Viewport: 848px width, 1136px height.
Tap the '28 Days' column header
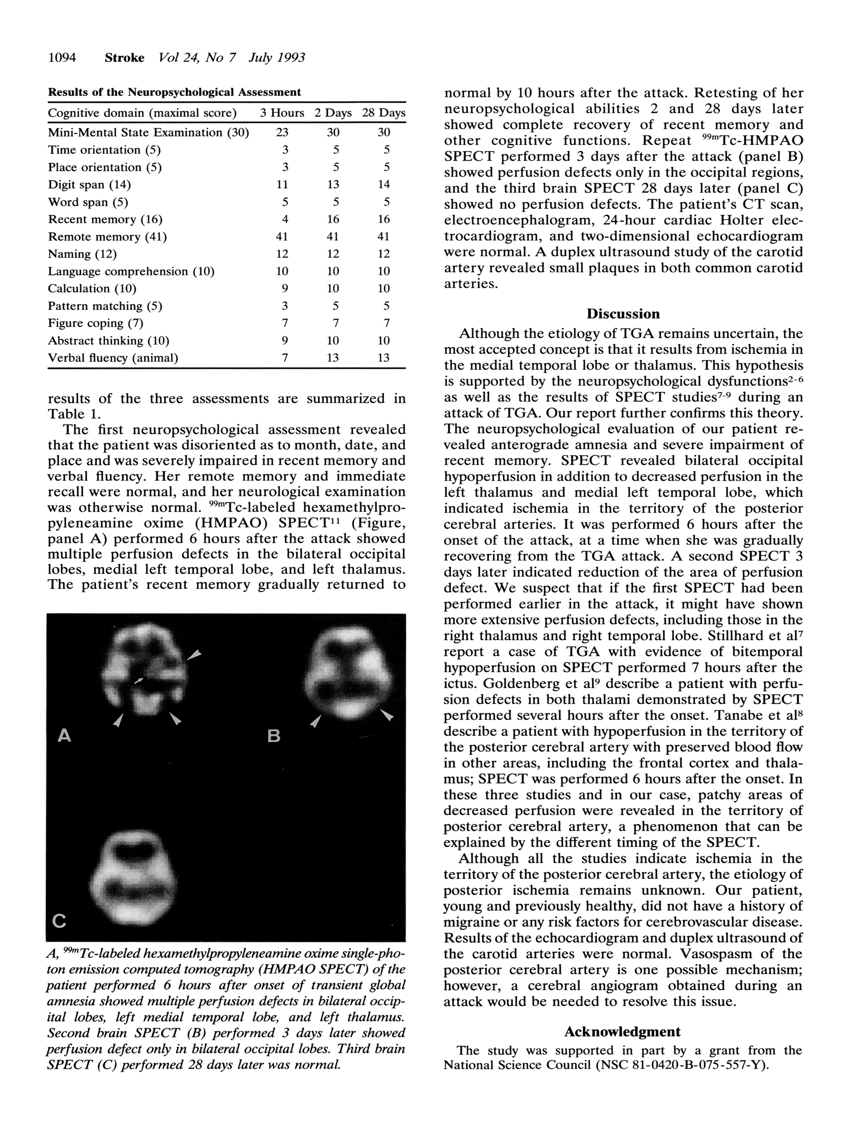[x=383, y=113]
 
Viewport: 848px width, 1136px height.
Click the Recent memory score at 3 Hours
[x=285, y=219]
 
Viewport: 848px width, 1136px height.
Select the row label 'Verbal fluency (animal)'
[x=113, y=358]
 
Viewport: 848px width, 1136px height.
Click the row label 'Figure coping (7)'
[x=96, y=323]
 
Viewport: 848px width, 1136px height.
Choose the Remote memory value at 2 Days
[x=333, y=237]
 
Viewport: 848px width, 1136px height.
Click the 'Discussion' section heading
[x=623, y=314]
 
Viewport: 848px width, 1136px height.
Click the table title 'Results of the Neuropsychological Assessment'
[x=174, y=92]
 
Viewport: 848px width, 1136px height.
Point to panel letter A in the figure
[x=64, y=736]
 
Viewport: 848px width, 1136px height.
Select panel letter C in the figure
[x=59, y=922]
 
